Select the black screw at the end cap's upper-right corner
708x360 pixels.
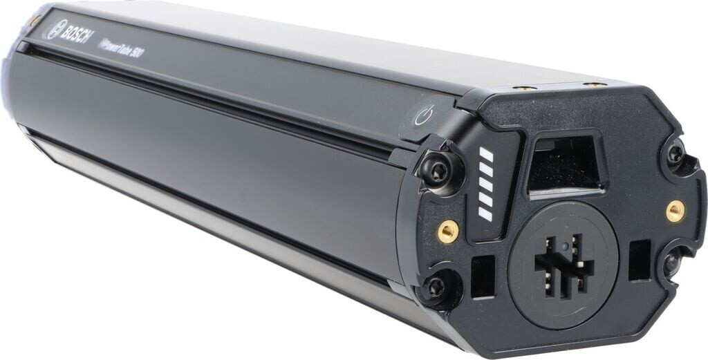[675, 153]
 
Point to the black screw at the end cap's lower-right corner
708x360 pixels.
[670, 263]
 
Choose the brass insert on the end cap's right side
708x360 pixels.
[675, 210]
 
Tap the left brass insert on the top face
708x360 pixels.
[523, 88]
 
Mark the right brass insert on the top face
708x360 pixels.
[592, 84]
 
